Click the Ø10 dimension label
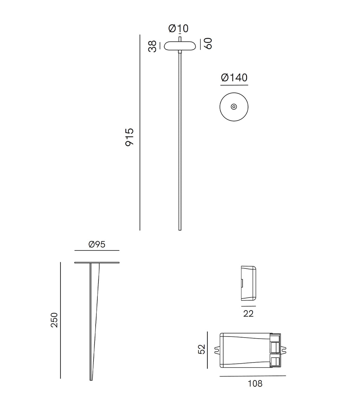[178, 28]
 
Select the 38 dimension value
[152, 46]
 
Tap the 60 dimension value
[208, 44]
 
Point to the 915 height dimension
[130, 137]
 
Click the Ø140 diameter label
[234, 77]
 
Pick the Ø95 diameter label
[97, 244]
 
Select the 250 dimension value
[54, 320]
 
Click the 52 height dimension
[201, 349]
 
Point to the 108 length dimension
[255, 384]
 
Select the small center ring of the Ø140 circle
[234, 107]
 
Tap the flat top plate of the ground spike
[97, 262]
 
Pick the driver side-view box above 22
[249, 283]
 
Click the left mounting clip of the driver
[217, 350]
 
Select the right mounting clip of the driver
[284, 350]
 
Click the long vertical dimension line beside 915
[140, 133]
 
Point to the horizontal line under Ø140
[234, 85]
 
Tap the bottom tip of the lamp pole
[180, 229]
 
